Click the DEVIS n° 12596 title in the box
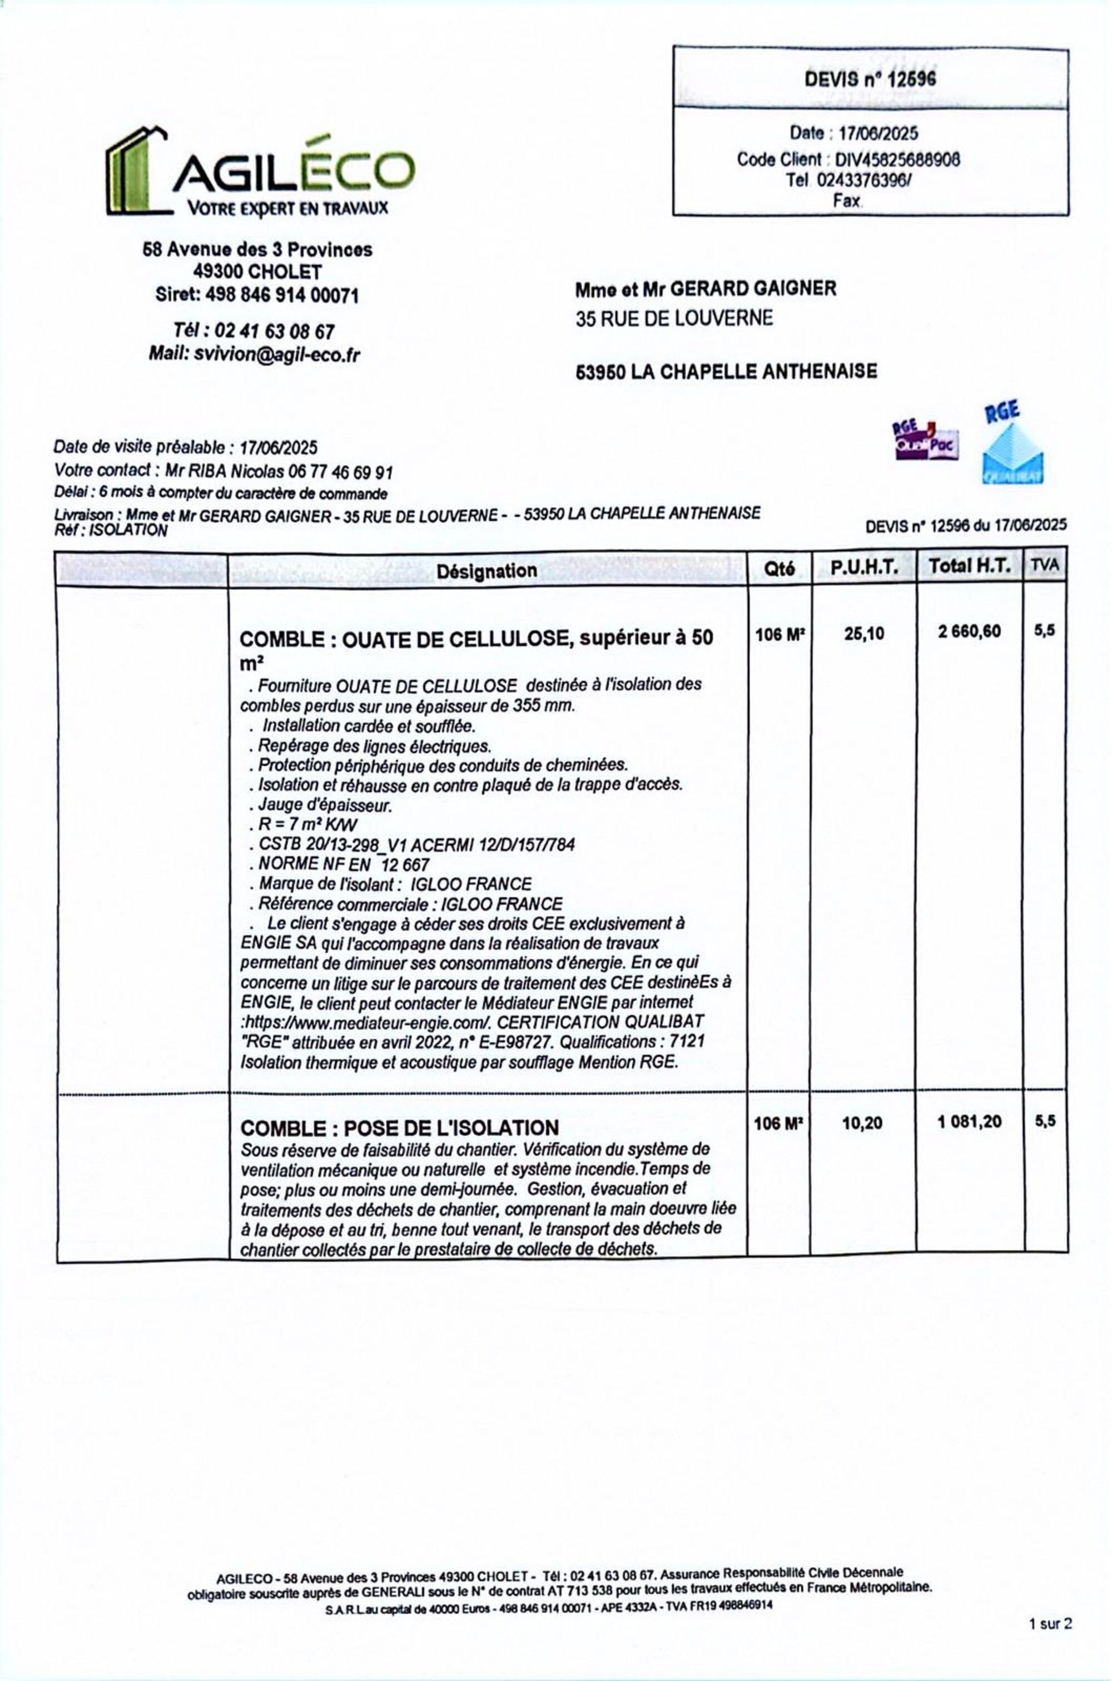point(870,79)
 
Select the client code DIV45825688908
point(897,159)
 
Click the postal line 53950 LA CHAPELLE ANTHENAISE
point(726,371)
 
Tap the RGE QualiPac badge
point(924,441)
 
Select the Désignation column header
point(487,570)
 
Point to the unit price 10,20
point(862,1123)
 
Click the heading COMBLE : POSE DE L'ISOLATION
point(399,1128)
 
